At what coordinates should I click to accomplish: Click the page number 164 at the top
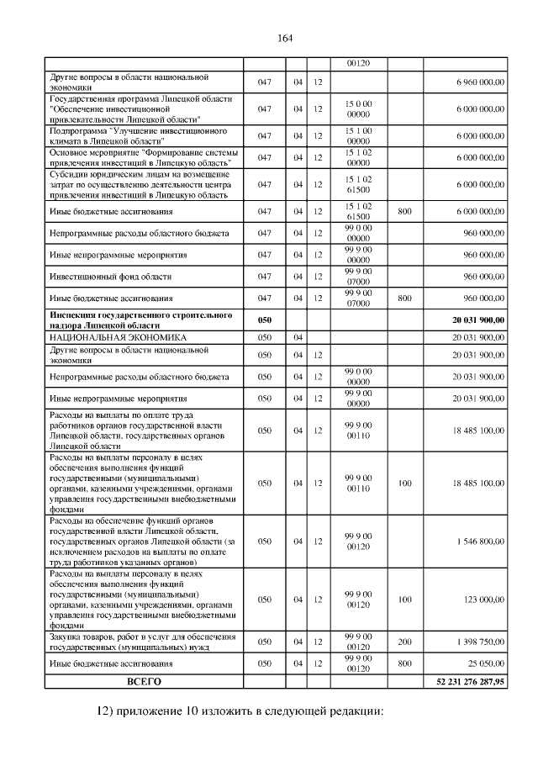[x=284, y=38]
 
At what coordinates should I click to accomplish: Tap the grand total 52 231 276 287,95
[x=466, y=680]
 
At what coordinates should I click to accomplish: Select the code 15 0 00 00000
[x=358, y=108]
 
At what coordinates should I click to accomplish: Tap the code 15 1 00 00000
[x=358, y=136]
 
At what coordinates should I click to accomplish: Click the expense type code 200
[x=404, y=641]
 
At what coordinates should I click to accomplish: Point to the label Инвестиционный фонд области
[x=110, y=276]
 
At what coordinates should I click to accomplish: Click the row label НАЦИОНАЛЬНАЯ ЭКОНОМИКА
[x=118, y=336]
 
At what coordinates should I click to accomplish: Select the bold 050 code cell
[x=265, y=320]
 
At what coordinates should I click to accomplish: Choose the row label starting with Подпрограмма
[x=139, y=136]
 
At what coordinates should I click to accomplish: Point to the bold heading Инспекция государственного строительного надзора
[x=140, y=320]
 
